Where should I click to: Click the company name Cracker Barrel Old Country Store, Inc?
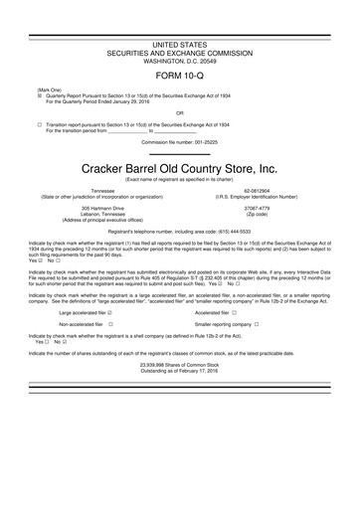coord(179,168)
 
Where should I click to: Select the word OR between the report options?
coord(179,111)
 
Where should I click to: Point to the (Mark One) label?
coord(50,89)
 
